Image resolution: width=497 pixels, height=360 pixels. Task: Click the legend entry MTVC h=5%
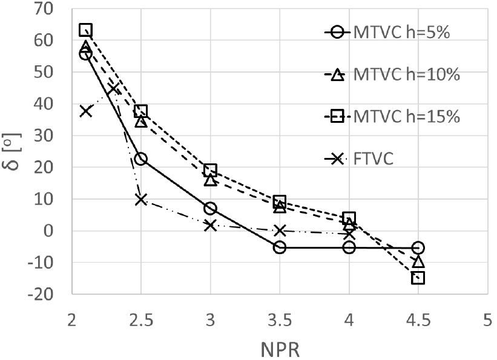(387, 32)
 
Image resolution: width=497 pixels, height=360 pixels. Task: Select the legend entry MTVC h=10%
(392, 74)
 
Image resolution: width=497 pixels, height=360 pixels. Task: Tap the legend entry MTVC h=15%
(392, 117)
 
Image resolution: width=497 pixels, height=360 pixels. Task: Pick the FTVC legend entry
(359, 159)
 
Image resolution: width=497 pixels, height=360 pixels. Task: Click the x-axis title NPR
(280, 350)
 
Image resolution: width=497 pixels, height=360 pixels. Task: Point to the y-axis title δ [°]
(14, 151)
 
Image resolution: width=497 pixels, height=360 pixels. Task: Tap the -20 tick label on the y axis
(40, 295)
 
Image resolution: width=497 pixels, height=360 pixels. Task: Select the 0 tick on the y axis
(48, 231)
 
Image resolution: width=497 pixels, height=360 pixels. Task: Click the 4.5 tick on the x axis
(418, 321)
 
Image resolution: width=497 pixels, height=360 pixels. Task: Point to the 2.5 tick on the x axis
(141, 321)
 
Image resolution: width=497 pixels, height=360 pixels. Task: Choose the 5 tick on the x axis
(487, 321)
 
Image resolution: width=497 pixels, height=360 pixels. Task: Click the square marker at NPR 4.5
(418, 278)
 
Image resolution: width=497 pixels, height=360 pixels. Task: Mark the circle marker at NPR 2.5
(141, 159)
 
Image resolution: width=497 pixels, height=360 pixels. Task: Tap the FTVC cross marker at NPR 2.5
(141, 200)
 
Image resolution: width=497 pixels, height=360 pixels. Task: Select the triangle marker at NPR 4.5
(418, 261)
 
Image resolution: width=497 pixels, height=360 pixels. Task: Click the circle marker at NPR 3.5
(280, 247)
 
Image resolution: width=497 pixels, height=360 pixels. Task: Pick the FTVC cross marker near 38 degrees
(86, 111)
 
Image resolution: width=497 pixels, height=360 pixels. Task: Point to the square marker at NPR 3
(211, 170)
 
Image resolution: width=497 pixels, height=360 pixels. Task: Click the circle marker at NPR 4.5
(418, 247)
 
